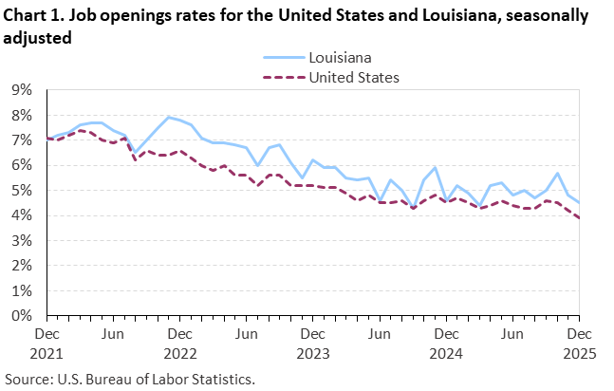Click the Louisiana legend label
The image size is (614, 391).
(339, 58)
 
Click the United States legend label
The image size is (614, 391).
(354, 77)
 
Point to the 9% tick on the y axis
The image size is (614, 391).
(21, 90)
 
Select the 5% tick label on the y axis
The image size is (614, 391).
(21, 191)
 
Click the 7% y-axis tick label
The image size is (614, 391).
(21, 140)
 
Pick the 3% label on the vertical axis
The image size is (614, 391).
(21, 241)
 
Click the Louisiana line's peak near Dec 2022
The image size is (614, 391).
(169, 118)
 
